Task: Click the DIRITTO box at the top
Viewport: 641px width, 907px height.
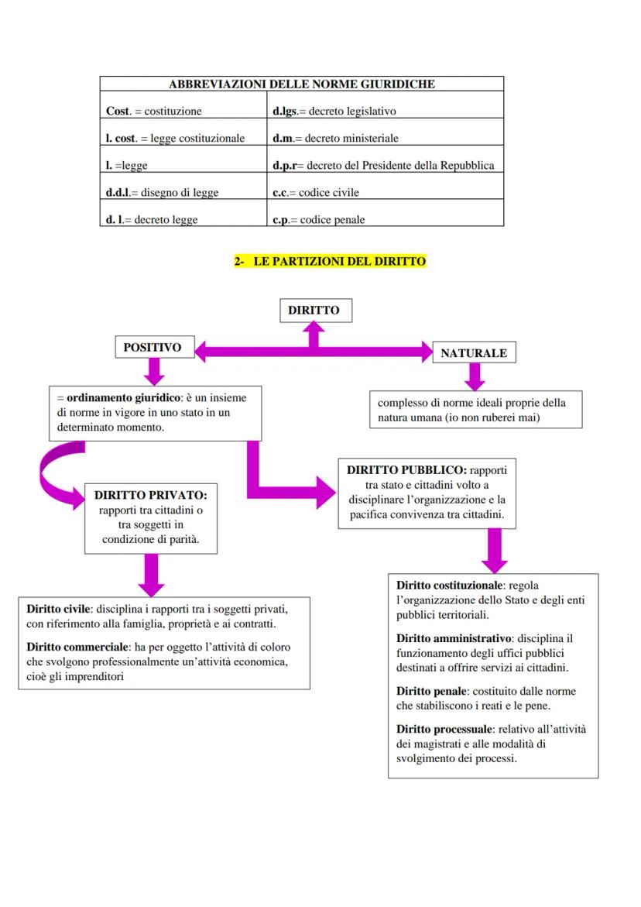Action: [314, 310]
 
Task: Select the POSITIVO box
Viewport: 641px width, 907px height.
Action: [153, 348]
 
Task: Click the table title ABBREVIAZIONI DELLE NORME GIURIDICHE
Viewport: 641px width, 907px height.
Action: [302, 84]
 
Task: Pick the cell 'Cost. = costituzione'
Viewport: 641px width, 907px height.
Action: [153, 111]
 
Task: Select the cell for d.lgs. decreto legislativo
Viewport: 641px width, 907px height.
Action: [334, 111]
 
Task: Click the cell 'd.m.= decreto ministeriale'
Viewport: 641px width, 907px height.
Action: [336, 138]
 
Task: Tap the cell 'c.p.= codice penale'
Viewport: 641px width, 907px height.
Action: [319, 219]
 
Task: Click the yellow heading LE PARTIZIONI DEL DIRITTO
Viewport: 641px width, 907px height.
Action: [331, 262]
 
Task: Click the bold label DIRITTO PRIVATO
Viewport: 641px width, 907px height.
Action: [150, 494]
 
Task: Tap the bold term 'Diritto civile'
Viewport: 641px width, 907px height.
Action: [59, 608]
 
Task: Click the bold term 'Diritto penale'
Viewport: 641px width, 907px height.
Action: [431, 691]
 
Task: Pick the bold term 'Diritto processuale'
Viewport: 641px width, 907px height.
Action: [444, 729]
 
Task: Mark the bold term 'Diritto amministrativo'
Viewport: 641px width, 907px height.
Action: [454, 638]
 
